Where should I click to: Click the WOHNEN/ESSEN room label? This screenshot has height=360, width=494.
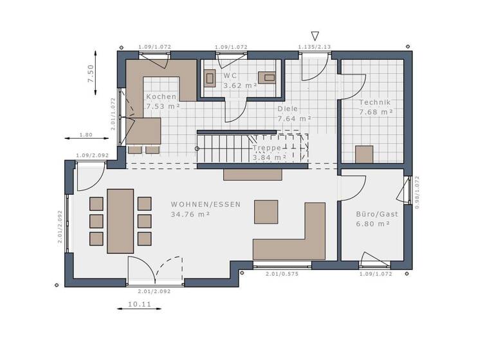(205, 204)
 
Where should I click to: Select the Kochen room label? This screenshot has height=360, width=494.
(161, 97)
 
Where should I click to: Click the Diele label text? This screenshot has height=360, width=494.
(288, 109)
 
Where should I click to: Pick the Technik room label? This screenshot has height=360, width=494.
(375, 102)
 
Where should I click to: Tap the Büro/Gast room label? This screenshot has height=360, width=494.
(374, 214)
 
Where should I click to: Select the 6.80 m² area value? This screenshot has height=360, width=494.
(374, 224)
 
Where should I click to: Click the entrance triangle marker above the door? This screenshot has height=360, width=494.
(315, 36)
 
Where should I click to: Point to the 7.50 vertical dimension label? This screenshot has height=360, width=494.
(91, 74)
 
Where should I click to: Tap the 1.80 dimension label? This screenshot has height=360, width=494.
(85, 135)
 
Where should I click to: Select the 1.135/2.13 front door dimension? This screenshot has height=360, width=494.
(315, 47)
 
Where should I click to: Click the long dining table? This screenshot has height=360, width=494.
(120, 221)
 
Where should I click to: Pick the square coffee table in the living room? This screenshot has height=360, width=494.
(266, 212)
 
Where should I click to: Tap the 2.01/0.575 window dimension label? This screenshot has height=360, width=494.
(281, 274)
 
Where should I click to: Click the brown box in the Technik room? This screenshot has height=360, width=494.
(364, 154)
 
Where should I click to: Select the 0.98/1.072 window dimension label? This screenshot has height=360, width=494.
(417, 193)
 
